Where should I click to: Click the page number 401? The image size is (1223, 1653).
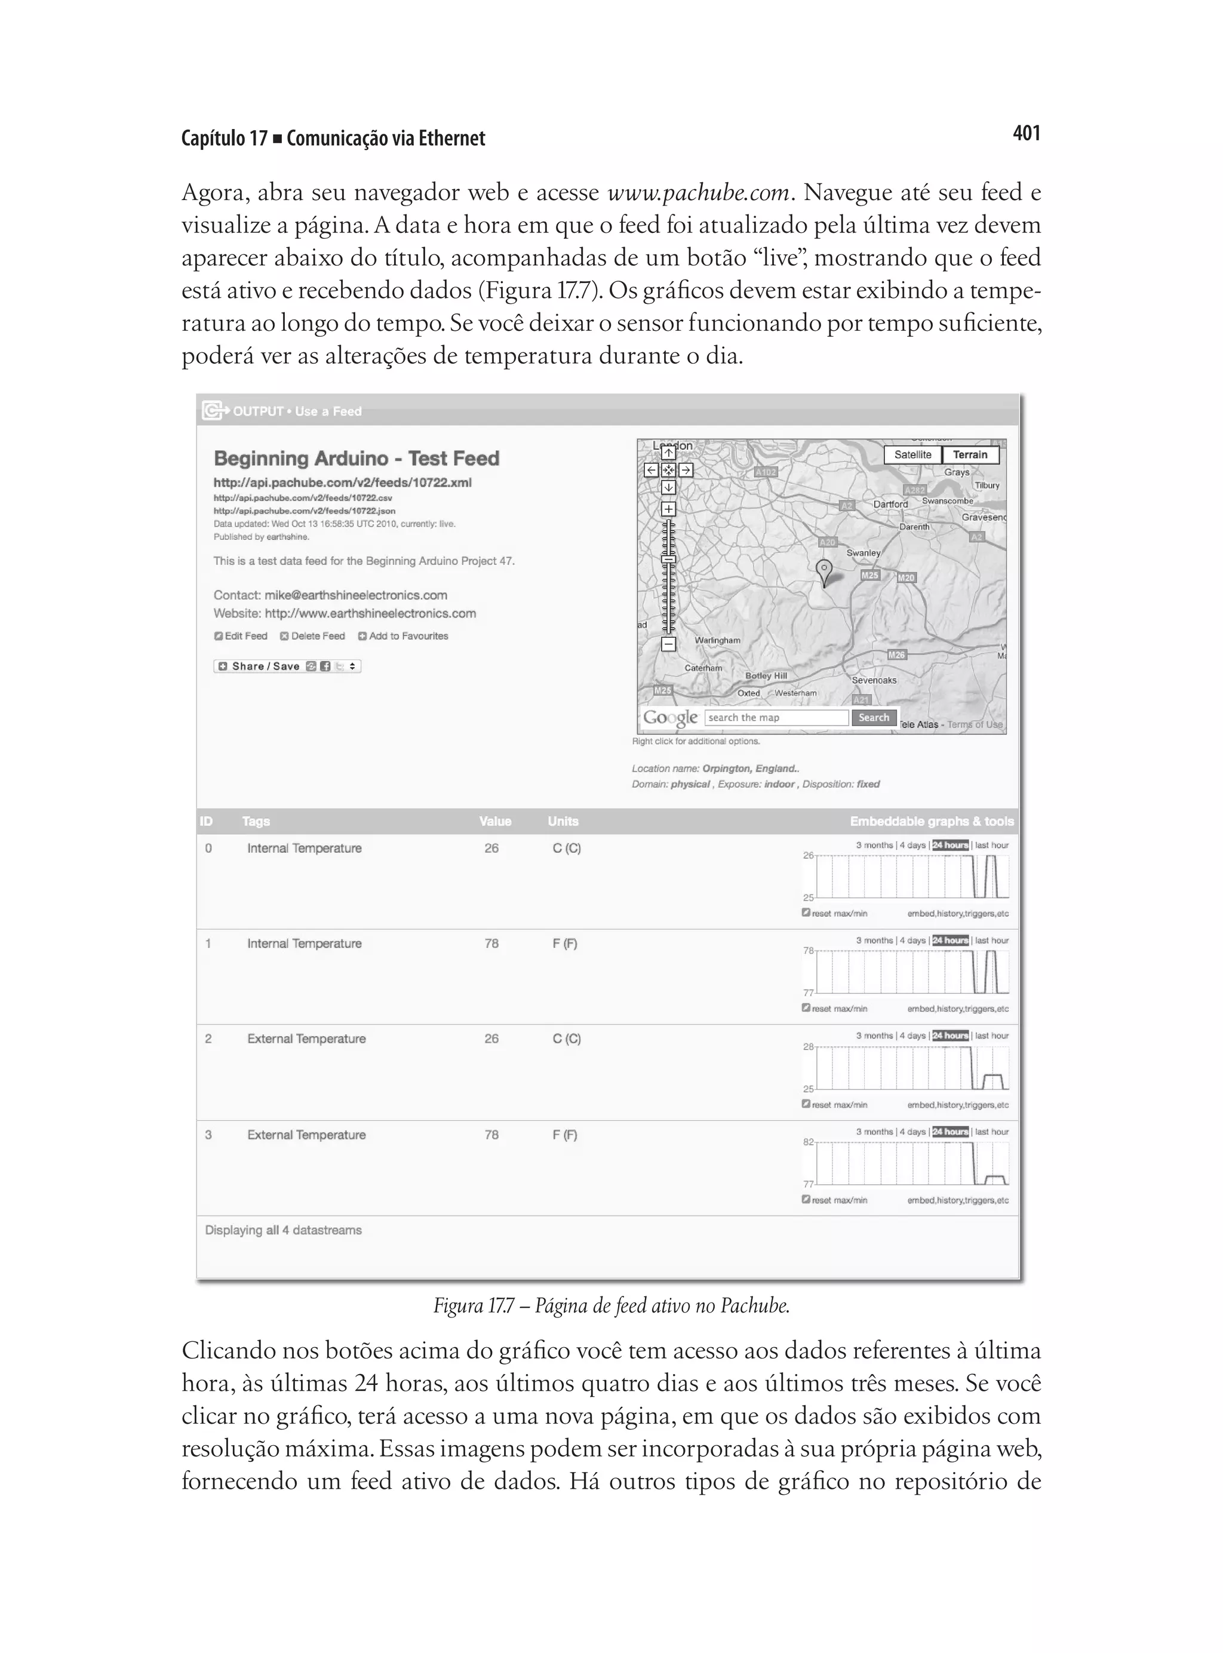pos(1025,133)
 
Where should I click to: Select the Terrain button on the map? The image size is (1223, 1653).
pos(970,454)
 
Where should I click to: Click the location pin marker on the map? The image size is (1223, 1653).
pos(823,571)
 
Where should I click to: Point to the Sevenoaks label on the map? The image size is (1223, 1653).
pos(874,680)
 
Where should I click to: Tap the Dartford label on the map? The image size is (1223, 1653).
pos(890,504)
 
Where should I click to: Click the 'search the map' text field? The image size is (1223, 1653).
pos(775,717)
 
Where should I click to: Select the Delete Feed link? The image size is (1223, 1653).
pos(312,636)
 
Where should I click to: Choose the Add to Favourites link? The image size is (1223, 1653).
pos(404,636)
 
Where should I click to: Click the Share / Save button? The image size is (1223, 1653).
pos(287,666)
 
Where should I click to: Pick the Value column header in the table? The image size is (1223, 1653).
pos(494,821)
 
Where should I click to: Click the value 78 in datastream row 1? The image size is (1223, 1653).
pos(491,943)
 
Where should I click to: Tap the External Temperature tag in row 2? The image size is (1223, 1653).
pos(306,1038)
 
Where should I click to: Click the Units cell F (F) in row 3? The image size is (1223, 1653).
pos(565,1135)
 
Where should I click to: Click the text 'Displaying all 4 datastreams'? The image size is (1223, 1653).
pos(284,1230)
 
